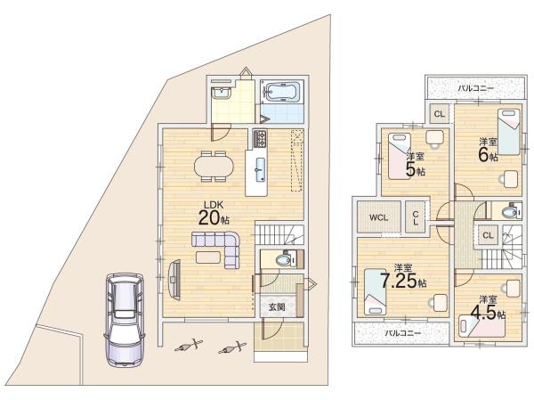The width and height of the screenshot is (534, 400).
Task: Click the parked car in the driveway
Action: click(x=125, y=320)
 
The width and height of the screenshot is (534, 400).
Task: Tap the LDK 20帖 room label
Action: click(x=214, y=214)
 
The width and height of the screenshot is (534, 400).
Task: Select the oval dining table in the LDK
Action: click(x=214, y=167)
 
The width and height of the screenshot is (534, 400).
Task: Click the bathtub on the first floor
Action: click(x=282, y=92)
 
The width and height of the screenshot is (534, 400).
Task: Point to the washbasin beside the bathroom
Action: click(x=221, y=93)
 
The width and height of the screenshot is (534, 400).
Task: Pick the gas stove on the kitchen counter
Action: click(x=260, y=139)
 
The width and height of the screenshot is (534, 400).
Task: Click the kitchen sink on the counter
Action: click(x=260, y=169)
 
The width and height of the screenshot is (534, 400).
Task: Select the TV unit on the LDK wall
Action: click(x=174, y=280)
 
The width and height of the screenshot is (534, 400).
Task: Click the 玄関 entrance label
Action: click(x=277, y=307)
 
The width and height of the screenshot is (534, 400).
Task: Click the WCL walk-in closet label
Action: click(x=378, y=217)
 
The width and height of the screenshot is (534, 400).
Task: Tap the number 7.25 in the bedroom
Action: click(x=399, y=281)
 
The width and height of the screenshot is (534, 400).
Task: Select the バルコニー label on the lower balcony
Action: click(x=403, y=333)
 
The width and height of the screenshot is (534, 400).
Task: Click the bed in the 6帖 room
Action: click(x=509, y=132)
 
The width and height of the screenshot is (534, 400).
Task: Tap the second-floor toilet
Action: click(x=510, y=212)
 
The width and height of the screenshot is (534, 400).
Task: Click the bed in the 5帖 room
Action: click(x=400, y=156)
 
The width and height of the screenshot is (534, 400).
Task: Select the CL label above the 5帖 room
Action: click(x=440, y=114)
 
